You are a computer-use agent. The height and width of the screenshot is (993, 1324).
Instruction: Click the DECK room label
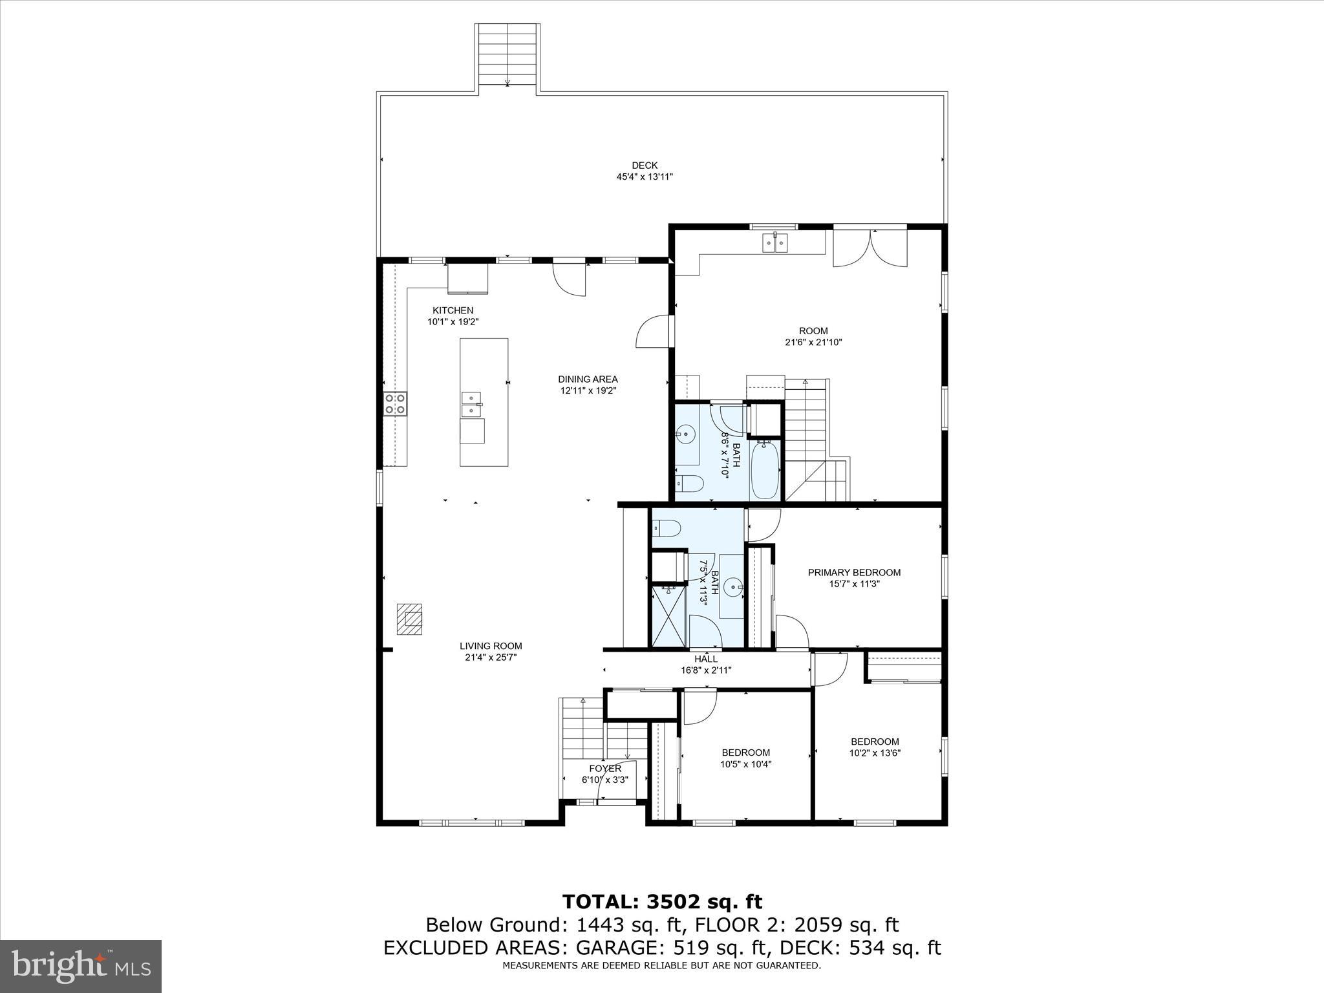pos(645,166)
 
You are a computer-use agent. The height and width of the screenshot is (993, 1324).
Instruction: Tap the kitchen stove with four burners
pos(395,403)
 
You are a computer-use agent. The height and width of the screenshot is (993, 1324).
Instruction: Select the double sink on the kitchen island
pos(472,404)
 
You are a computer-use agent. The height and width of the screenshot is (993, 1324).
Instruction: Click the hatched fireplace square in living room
pos(409,619)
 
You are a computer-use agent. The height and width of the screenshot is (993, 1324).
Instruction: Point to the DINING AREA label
pos(588,379)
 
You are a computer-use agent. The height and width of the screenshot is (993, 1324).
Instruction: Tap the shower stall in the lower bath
pos(669,615)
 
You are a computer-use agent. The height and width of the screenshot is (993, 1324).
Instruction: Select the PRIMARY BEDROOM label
pos(854,573)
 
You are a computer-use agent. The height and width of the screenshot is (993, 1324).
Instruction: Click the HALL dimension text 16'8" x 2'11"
pos(706,670)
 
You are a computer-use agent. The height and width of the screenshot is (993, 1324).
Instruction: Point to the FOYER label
pos(605,769)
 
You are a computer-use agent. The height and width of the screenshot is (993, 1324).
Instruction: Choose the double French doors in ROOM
pos(870,248)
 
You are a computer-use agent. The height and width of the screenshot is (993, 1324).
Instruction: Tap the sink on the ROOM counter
pos(774,243)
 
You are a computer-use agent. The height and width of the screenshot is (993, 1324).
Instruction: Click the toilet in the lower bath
pos(665,528)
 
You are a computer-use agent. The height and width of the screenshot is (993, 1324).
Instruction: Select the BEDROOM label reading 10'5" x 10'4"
pos(745,753)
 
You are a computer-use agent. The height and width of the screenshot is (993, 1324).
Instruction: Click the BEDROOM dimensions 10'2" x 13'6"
pos(875,753)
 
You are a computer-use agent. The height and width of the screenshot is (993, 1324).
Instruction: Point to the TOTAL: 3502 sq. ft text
pos(662,902)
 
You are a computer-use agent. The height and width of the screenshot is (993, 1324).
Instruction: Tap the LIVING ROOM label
pos(491,646)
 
